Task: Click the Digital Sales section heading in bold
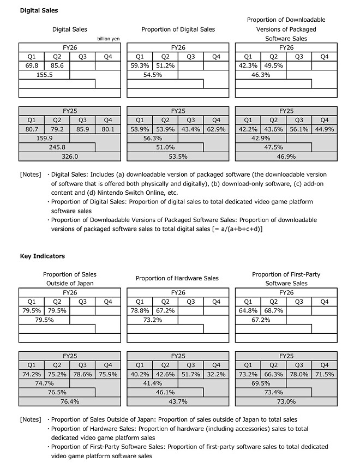click(39, 10)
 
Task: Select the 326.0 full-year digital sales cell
click(69, 157)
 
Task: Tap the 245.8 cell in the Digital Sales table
click(57, 147)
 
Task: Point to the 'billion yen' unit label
click(109, 39)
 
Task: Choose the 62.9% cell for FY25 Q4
click(216, 129)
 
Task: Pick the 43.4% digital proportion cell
click(190, 129)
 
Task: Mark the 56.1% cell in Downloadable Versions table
click(298, 129)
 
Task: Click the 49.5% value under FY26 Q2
click(273, 65)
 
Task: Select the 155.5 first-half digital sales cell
click(44, 75)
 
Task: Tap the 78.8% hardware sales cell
click(139, 310)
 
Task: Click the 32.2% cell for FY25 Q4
click(216, 374)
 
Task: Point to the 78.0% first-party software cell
click(298, 374)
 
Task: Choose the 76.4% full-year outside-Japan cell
click(69, 401)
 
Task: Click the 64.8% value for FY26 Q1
click(248, 310)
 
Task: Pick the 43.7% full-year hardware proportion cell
click(177, 401)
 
